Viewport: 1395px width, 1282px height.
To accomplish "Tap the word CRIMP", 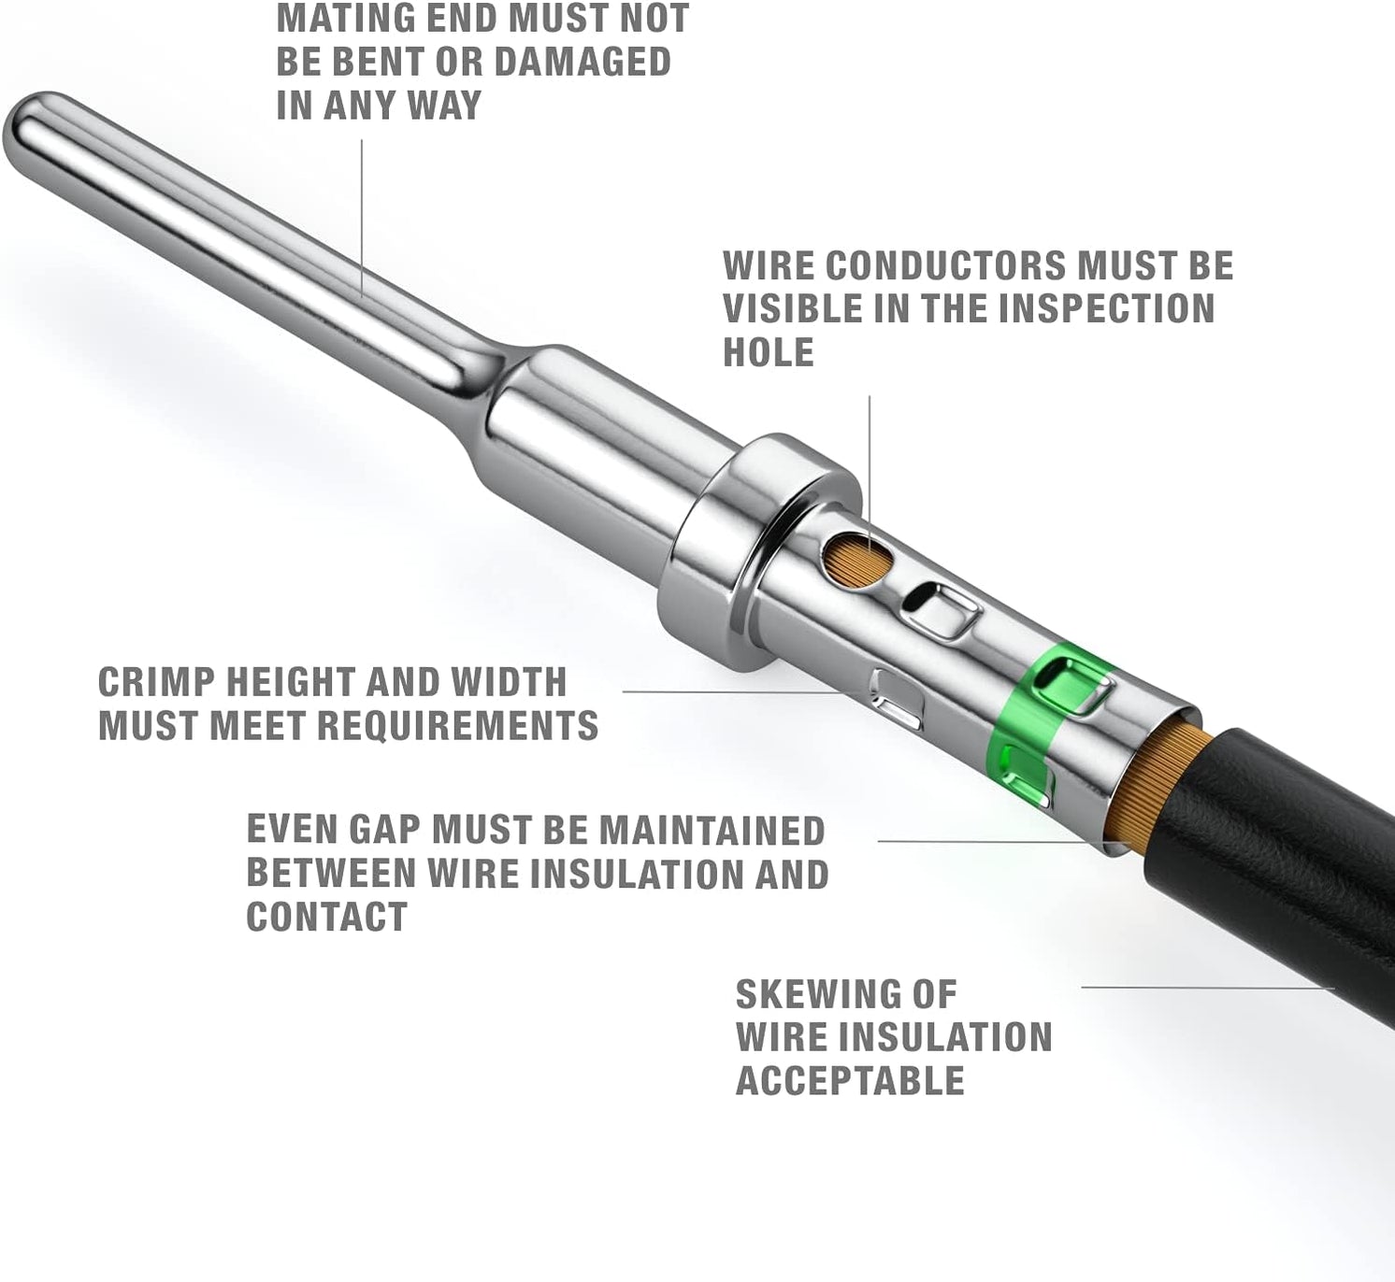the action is pos(157,683).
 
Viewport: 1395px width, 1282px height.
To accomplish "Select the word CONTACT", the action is pos(327,917).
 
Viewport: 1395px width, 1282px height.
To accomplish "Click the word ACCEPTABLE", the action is pos(850,1080).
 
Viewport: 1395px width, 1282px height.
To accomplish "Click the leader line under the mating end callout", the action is pos(362,219).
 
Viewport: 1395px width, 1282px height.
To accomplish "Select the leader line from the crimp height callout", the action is pos(731,691).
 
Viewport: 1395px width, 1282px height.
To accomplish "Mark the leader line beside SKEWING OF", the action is pos(1208,988).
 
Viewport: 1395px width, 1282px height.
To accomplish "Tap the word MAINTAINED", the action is pos(712,830).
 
